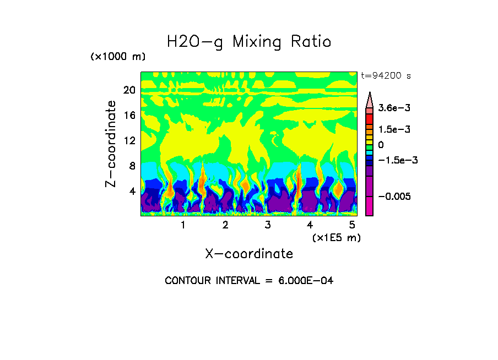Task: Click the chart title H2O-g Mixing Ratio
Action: coord(249,42)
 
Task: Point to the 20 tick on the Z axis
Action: coord(129,90)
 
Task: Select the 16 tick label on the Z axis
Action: coord(129,116)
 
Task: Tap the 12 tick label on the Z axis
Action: coord(129,141)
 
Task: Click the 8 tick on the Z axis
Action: coord(132,166)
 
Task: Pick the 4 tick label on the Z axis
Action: coord(132,192)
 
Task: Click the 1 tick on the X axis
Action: coord(183,225)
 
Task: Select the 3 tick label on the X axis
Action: coord(267,225)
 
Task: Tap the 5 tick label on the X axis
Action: coord(352,225)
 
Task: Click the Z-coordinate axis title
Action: coord(111,144)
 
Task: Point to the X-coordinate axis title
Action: coord(248,254)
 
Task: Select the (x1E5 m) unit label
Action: coord(336,237)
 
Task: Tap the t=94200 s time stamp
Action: coord(386,75)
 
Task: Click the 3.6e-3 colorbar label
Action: coord(392,108)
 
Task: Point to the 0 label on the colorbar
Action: coord(381,145)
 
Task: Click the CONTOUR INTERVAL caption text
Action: coord(249,280)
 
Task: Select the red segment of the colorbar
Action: coord(370,118)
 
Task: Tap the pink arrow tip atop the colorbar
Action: coord(370,99)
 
